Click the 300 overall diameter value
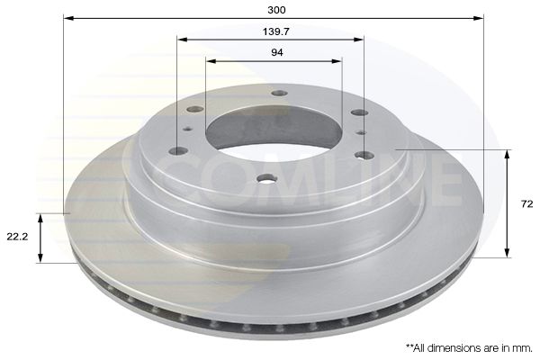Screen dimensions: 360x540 (x=277, y=10)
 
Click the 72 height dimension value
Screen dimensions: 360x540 (x=527, y=205)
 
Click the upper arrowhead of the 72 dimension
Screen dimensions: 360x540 (x=508, y=155)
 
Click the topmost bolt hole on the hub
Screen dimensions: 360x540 (x=278, y=93)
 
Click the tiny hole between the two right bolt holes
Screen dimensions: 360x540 (x=360, y=132)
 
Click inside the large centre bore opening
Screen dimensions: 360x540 (x=270, y=130)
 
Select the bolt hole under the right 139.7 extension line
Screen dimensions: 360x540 (x=364, y=155)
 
